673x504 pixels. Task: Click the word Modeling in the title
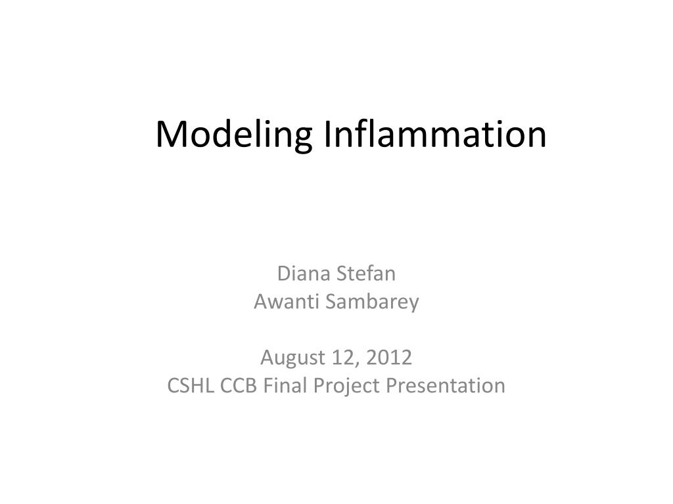pos(234,135)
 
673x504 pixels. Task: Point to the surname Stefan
pos(366,274)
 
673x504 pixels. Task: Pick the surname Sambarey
pos(372,302)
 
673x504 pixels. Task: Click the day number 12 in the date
pos(344,358)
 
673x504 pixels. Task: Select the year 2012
pos(389,358)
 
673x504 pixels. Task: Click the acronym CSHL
pos(190,385)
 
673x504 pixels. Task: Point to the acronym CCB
pos(238,385)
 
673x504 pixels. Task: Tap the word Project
pos(346,386)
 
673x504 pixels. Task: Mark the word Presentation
pos(446,385)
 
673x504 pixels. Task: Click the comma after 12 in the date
pos(357,365)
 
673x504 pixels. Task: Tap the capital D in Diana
pos(285,274)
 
